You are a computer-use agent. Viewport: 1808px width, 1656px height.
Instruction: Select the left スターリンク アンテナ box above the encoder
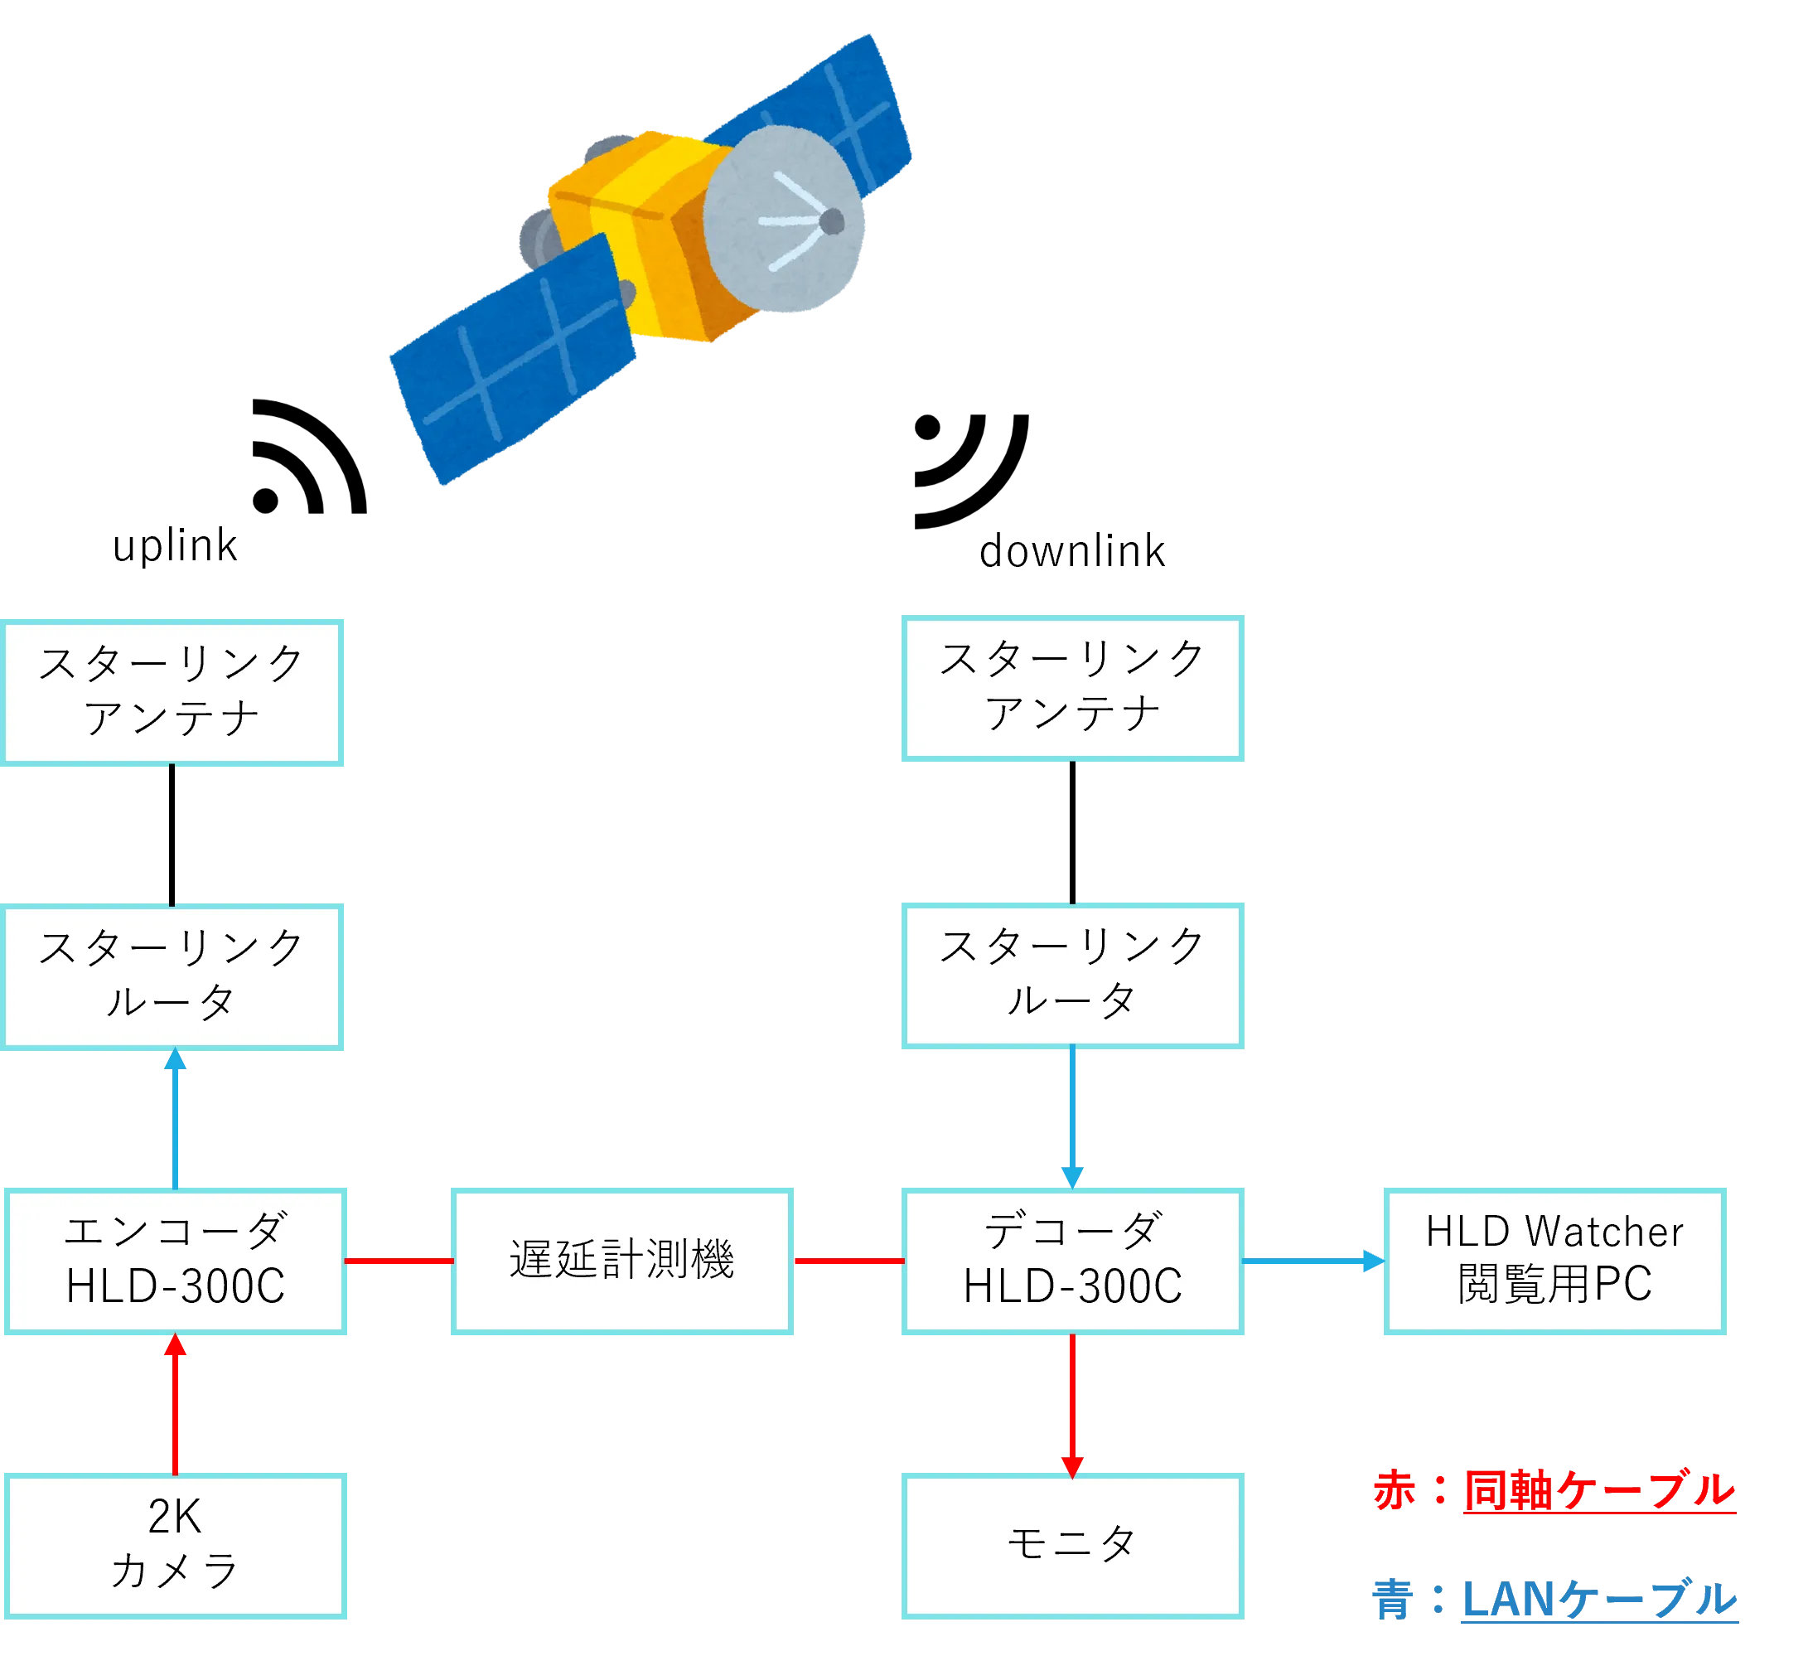[x=172, y=691]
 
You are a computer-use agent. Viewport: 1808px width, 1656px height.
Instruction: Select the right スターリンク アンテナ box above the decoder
[x=1072, y=687]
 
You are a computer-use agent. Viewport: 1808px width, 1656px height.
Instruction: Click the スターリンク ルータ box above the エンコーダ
[x=172, y=976]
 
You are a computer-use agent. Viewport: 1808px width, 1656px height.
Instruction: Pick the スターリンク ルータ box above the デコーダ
[x=1072, y=976]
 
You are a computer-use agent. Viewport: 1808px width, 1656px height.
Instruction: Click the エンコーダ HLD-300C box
[x=175, y=1262]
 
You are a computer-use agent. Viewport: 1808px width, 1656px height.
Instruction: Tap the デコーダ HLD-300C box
[x=1072, y=1262]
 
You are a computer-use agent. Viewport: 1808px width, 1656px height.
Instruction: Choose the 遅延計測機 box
[x=622, y=1262]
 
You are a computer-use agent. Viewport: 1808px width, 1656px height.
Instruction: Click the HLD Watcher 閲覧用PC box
[x=1554, y=1262]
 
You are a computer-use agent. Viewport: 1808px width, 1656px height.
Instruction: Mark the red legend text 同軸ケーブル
[x=1598, y=1490]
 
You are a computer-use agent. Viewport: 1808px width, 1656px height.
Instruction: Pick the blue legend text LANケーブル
[x=1600, y=1598]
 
